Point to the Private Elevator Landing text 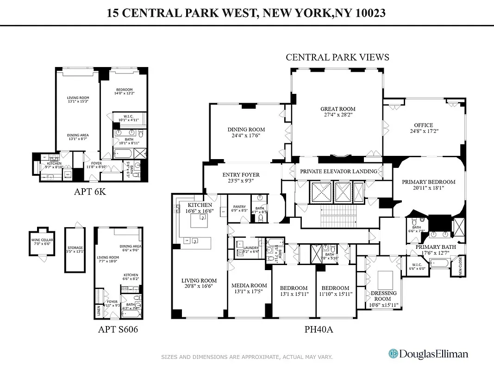pos(338,171)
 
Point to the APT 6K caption pos(90,191)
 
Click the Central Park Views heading pos(337,57)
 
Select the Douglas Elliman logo pos(428,354)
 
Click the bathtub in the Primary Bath pos(439,264)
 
